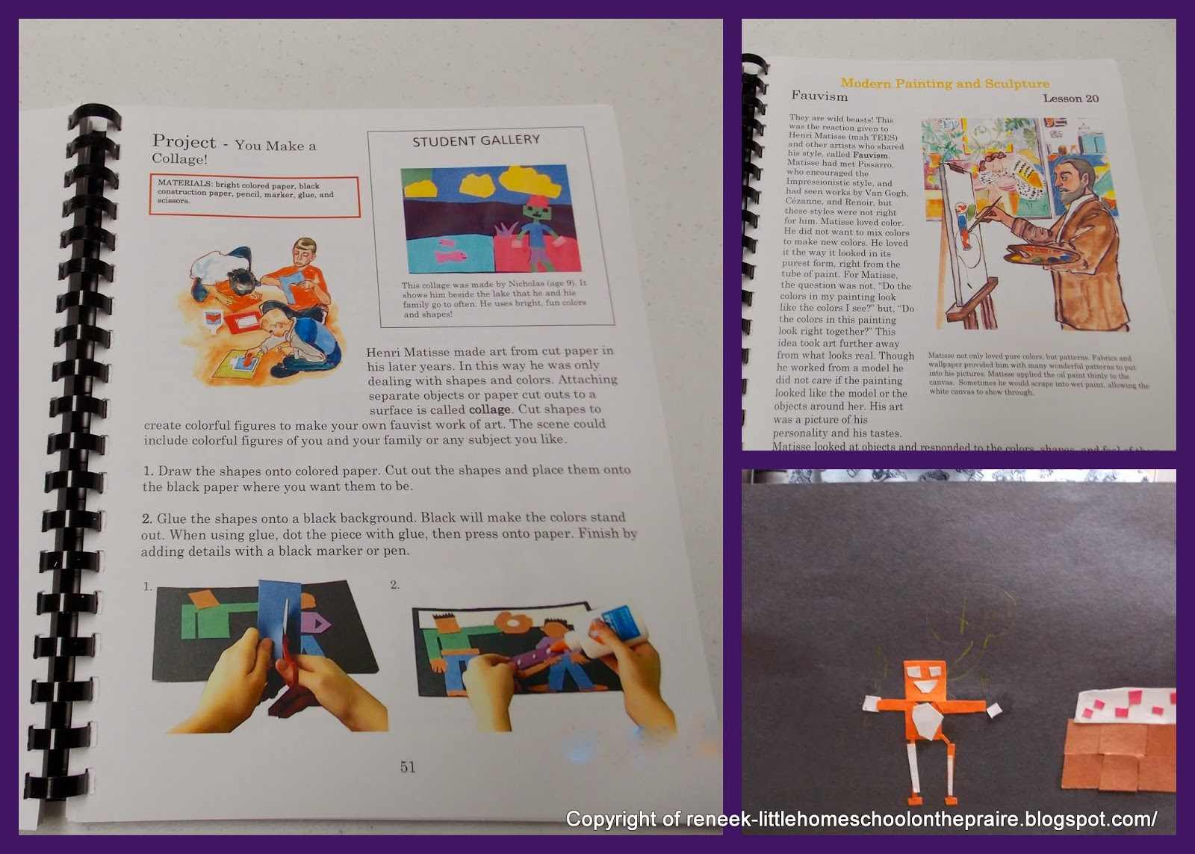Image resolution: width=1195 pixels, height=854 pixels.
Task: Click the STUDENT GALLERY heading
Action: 476,140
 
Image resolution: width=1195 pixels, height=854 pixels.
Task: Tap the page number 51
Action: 408,767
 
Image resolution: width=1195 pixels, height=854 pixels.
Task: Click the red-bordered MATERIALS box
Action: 254,196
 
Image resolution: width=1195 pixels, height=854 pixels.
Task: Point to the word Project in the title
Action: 184,141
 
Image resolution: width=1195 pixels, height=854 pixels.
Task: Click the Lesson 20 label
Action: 1070,99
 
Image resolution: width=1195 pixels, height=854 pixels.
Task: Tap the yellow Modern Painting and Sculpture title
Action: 945,84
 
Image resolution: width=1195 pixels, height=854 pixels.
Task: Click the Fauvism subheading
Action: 819,96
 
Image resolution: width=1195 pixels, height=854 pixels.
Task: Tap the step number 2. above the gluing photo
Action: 395,585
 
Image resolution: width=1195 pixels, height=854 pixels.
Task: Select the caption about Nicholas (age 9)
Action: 494,299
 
